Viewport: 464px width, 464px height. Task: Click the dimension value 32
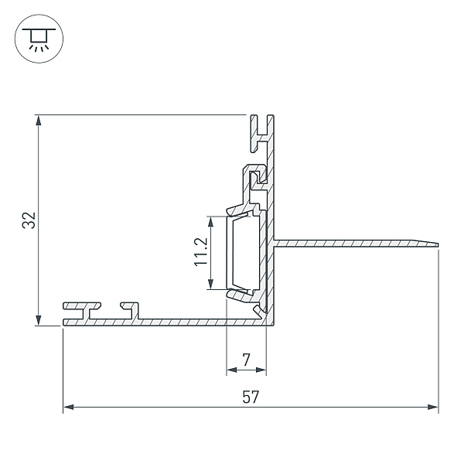pyautogui.click(x=29, y=220)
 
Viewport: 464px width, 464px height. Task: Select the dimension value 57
pyautogui.click(x=251, y=397)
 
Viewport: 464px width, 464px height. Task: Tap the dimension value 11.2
pyautogui.click(x=201, y=252)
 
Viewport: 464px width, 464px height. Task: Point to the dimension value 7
pyautogui.click(x=246, y=360)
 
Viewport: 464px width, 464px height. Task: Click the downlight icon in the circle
pyautogui.click(x=39, y=39)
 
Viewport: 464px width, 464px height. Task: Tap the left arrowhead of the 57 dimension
pyautogui.click(x=69, y=408)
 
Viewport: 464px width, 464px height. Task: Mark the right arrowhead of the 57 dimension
pyautogui.click(x=432, y=408)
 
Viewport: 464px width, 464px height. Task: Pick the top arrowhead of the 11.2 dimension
pyautogui.click(x=210, y=222)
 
